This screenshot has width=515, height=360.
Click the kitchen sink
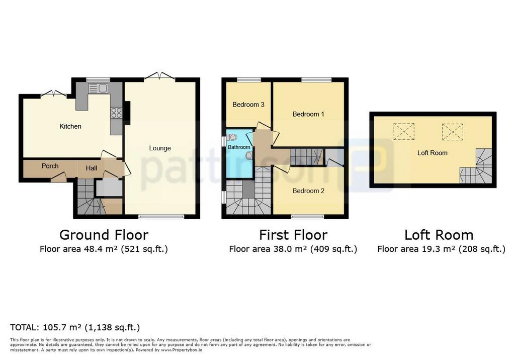tap(98, 88)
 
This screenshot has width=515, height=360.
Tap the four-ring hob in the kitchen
tap(116, 113)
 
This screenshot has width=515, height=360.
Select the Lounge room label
tap(160, 148)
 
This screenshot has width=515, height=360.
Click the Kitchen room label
tap(70, 126)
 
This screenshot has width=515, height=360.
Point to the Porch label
tap(50, 166)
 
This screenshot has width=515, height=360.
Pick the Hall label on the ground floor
tap(92, 168)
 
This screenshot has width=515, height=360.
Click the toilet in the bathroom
tap(232, 137)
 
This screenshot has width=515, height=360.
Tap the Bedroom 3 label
tap(248, 105)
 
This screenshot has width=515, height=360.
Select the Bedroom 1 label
tap(308, 114)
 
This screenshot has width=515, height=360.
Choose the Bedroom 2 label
tap(308, 191)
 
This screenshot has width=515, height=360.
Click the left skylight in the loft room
tap(404, 131)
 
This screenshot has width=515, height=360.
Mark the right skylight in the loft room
tap(452, 131)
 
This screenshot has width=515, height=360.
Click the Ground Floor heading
tap(104, 235)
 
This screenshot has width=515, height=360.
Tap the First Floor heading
tap(293, 235)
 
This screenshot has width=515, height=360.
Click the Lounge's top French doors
tap(159, 76)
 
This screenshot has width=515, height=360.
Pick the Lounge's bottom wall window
tap(161, 217)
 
